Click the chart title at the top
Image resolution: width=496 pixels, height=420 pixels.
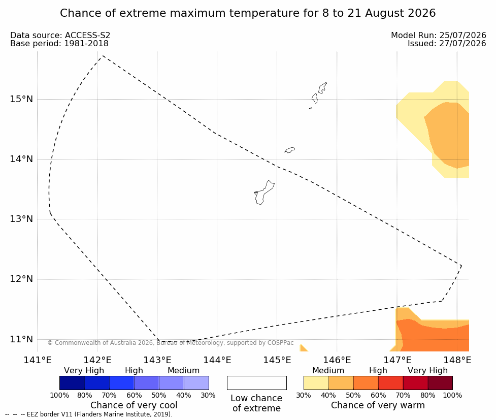[x=248, y=13]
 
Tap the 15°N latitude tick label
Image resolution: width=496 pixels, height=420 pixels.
[x=21, y=99]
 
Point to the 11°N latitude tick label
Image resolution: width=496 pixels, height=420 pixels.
[x=21, y=339]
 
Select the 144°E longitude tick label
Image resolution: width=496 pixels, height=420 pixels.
[x=217, y=360]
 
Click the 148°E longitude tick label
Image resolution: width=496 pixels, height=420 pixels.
[x=457, y=360]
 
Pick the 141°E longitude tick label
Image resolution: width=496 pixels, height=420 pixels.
[x=38, y=360]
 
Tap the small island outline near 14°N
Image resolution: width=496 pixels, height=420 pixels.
[x=290, y=150]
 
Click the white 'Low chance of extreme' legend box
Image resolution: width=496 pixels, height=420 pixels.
[x=256, y=383]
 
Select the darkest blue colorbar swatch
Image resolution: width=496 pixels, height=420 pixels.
[x=72, y=383]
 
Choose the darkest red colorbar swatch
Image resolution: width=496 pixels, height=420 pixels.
[x=440, y=383]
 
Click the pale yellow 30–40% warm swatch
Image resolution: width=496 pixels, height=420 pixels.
[x=316, y=383]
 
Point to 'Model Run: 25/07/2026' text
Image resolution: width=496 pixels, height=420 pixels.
[x=439, y=36]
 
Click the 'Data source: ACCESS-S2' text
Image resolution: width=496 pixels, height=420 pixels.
[x=60, y=36]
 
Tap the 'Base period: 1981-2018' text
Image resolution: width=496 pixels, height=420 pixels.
[x=59, y=44]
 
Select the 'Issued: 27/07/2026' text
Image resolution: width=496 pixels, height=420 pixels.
[x=447, y=44]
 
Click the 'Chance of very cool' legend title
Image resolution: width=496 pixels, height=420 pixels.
[x=134, y=405]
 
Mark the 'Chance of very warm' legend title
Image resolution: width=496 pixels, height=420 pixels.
[x=378, y=405]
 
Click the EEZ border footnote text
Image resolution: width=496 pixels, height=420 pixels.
[x=88, y=414]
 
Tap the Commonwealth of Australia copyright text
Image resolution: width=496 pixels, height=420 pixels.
[x=171, y=343]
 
